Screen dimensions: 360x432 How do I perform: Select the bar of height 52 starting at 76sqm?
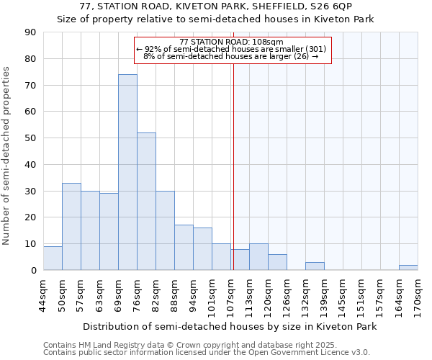146,202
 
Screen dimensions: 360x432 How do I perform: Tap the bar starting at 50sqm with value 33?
71,227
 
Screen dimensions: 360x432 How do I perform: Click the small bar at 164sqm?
408,268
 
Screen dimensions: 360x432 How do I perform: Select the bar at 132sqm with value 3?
315,266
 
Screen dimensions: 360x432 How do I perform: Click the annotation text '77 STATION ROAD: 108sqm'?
232,42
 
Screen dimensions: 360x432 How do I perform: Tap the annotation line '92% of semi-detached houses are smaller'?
231,49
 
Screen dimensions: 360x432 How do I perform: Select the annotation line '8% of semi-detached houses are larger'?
231,56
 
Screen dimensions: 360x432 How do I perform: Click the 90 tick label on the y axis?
31,32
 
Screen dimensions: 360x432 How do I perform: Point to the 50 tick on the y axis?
31,138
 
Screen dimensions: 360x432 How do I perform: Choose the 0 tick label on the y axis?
34,270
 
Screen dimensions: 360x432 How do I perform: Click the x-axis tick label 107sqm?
231,292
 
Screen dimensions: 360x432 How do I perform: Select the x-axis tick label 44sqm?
44,292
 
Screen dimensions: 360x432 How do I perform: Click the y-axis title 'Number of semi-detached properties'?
6,156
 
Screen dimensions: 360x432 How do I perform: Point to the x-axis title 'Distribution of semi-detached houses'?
230,327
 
